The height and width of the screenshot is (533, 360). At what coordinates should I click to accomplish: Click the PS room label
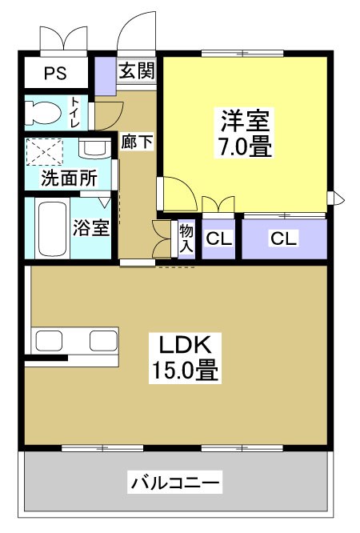(55, 74)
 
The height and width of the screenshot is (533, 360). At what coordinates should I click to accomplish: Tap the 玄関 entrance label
(136, 70)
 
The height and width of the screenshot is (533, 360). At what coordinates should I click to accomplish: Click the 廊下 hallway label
(137, 142)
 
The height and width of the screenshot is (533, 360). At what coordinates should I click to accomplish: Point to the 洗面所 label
(69, 178)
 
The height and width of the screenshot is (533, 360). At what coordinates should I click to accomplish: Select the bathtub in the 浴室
(54, 228)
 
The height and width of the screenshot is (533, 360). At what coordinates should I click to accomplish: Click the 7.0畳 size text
(246, 148)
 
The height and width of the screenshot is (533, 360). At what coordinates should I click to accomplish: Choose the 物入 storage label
(186, 238)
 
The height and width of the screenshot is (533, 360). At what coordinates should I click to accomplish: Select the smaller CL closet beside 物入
(218, 238)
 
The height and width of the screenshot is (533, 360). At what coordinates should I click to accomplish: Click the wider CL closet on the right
(284, 238)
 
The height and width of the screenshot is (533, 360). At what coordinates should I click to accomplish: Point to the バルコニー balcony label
(175, 483)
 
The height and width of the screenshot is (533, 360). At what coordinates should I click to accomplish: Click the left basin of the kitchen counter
(50, 340)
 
